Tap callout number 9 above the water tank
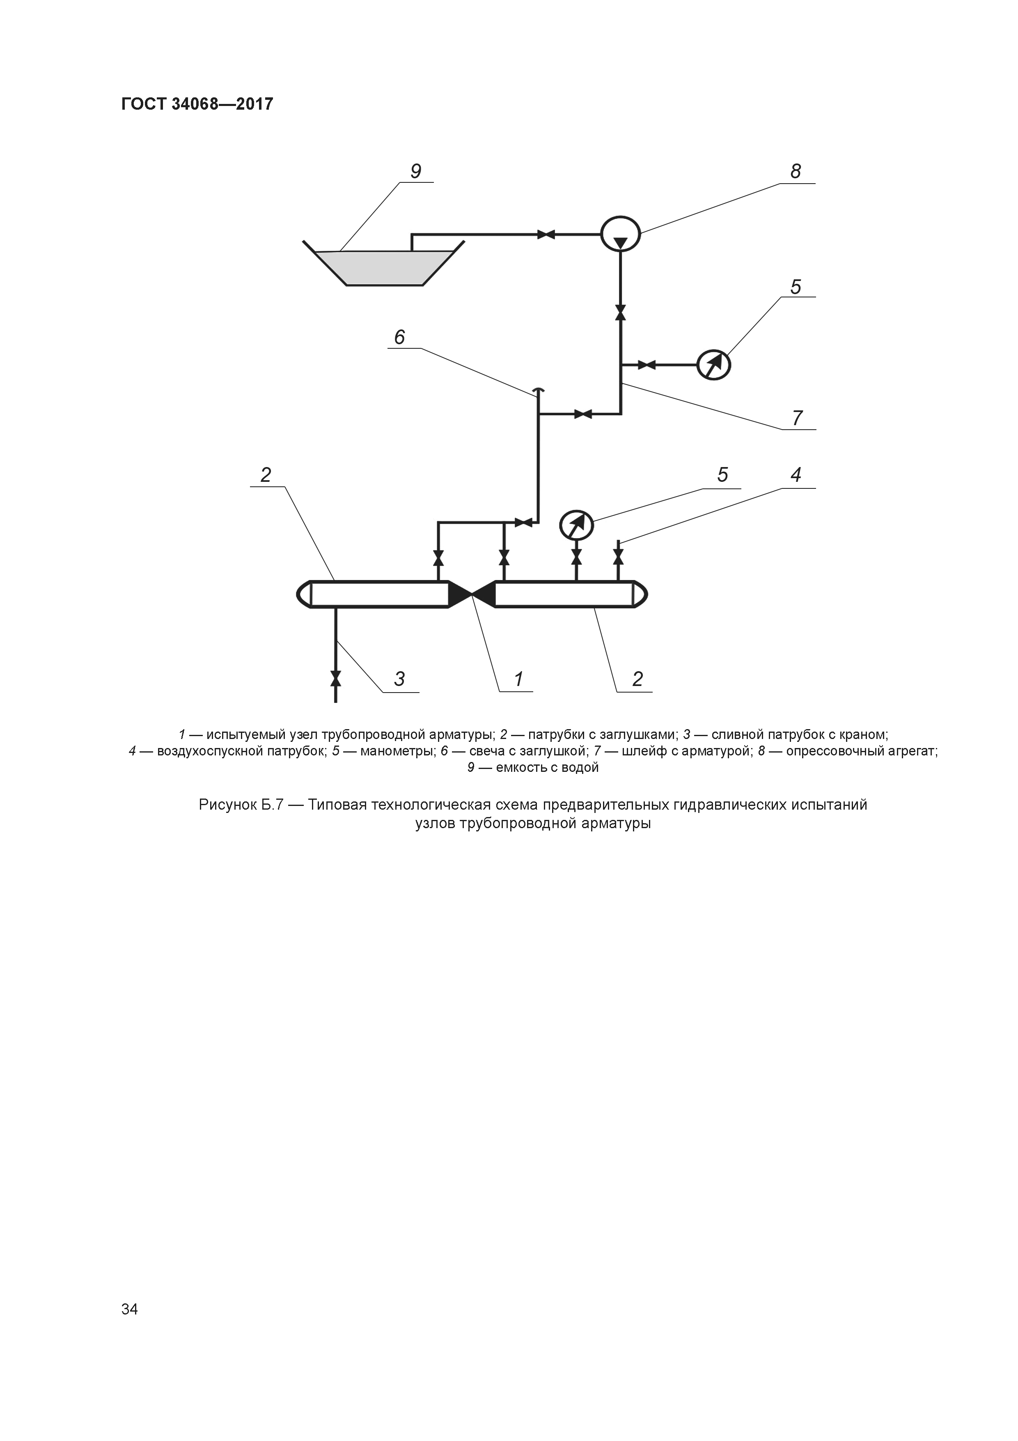[x=415, y=171]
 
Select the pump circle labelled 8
[x=620, y=234]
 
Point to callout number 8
[x=796, y=171]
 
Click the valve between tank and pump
[x=546, y=235]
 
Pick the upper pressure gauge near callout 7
[x=714, y=364]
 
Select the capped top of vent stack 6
[x=538, y=390]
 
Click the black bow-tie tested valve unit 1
[x=472, y=594]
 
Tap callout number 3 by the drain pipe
[x=399, y=679]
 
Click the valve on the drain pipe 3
[x=335, y=679]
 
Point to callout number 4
[x=796, y=474]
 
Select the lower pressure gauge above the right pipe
[x=576, y=525]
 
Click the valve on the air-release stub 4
[x=619, y=557]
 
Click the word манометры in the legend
[x=397, y=750]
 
